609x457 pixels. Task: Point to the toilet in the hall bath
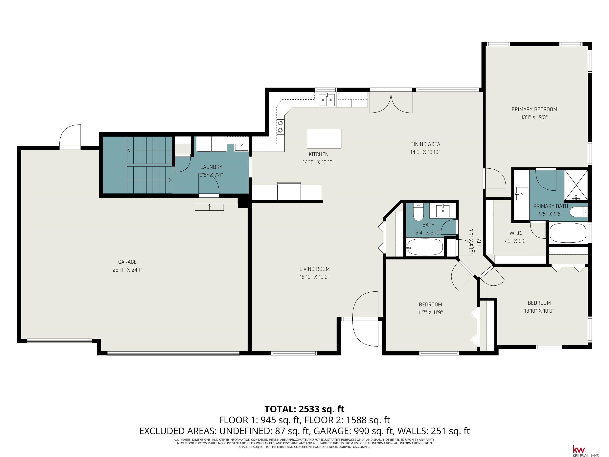click(x=418, y=212)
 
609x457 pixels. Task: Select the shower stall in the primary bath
click(x=576, y=185)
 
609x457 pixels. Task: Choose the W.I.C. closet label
click(x=516, y=233)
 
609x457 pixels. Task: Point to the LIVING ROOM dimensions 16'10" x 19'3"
click(x=314, y=277)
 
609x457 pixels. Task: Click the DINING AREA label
click(x=425, y=144)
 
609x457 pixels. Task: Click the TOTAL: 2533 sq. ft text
click(x=304, y=409)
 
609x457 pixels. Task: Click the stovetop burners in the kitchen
click(x=281, y=126)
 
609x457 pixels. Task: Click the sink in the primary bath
click(x=521, y=194)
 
